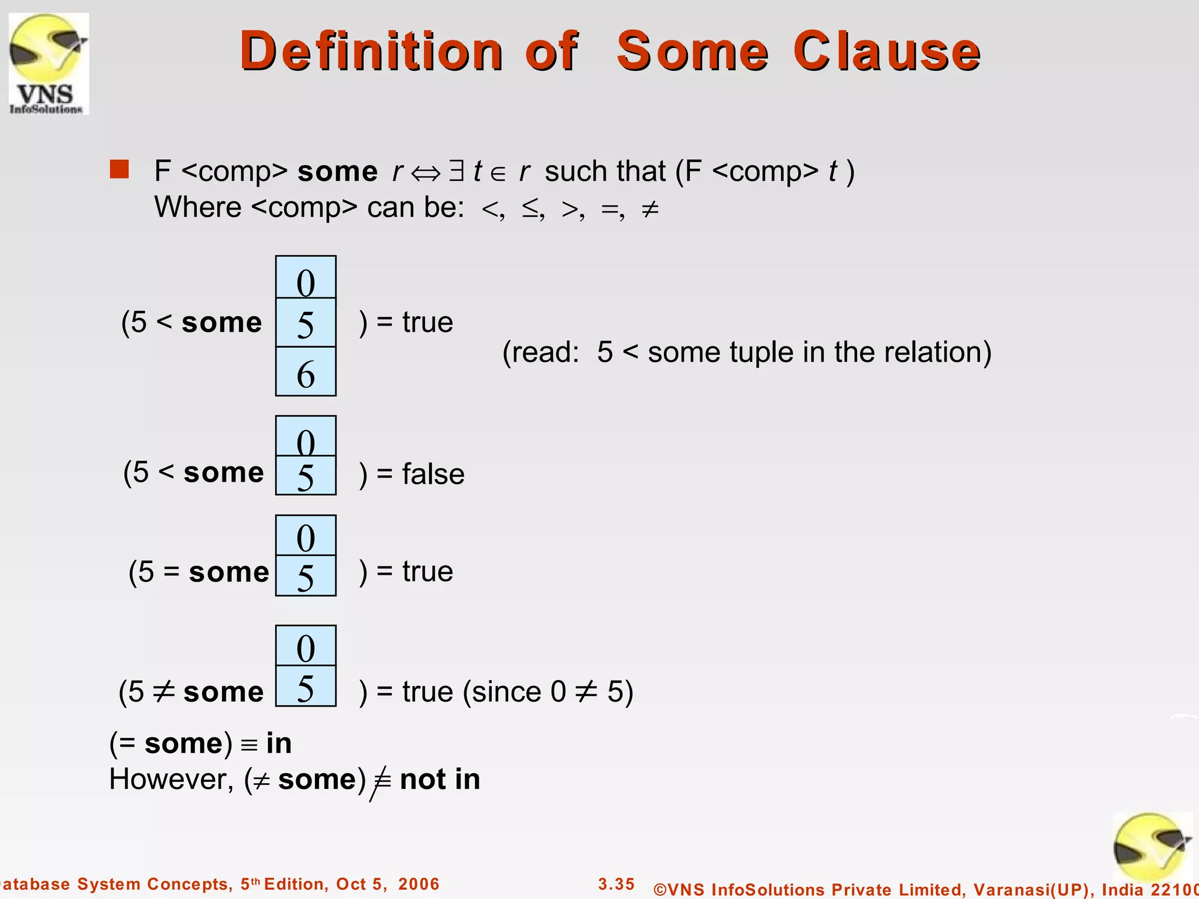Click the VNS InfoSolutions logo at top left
coord(49,63)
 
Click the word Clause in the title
coord(886,52)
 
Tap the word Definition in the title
coord(371,52)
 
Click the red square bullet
coord(119,169)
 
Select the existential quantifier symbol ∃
coord(456,171)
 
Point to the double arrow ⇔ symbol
coord(425,173)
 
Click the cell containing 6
coord(306,372)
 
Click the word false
coord(433,473)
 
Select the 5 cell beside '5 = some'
coord(306,576)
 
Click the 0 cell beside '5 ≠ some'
coord(306,646)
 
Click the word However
coord(172,780)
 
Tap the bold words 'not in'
coord(440,780)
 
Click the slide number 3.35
coord(616,884)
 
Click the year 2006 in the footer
coord(419,884)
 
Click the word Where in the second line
coord(198,207)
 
